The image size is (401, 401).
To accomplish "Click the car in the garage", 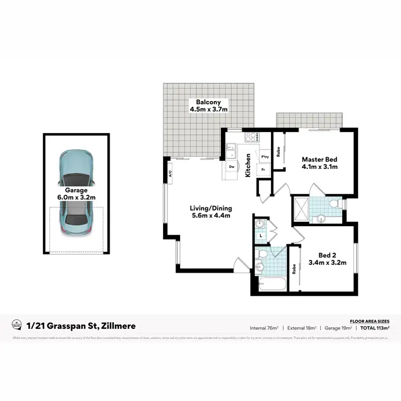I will click(76, 192).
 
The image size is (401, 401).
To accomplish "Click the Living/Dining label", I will click(210, 212).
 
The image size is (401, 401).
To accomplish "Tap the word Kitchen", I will click(248, 165).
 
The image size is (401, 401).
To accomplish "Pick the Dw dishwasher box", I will click(232, 167).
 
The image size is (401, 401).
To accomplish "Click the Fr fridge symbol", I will click(263, 169).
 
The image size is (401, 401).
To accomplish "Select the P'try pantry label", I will click(265, 157).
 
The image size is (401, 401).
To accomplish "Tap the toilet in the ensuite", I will click(334, 204).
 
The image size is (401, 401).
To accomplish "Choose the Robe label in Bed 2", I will click(294, 268).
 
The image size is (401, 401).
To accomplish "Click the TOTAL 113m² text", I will click(374, 328).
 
